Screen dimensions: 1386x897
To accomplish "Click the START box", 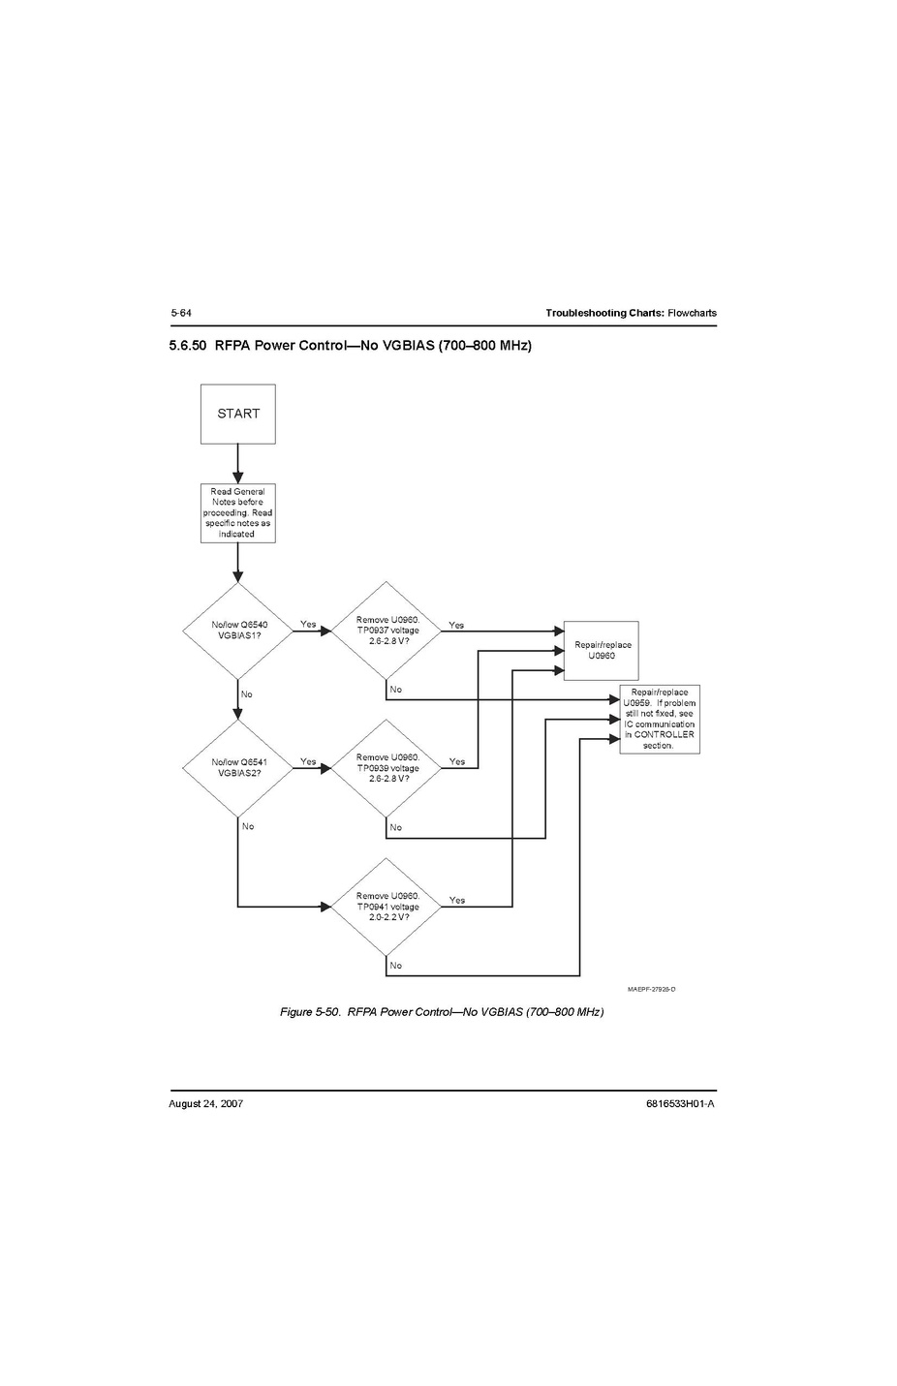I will coord(238,414).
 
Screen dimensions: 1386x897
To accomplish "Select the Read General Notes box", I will coord(237,512).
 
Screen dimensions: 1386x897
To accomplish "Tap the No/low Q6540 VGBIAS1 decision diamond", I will coord(238,631).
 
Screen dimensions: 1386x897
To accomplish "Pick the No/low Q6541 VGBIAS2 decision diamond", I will coord(238,768).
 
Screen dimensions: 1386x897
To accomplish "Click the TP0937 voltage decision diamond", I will coord(387,631).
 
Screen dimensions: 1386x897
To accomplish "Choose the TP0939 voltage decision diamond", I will coord(387,768).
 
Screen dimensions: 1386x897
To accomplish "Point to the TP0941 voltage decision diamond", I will coord(387,907).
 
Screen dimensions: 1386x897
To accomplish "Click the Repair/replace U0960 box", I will coord(602,650).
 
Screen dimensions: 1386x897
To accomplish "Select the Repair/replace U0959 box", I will coord(659,720).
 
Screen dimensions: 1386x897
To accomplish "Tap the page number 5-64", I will coord(181,313).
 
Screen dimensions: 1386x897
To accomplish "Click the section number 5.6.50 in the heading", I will coord(188,345).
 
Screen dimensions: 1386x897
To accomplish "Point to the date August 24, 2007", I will coord(205,1103).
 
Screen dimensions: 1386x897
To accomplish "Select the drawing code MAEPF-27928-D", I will coord(651,989).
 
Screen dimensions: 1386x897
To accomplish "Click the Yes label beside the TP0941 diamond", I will coord(457,900).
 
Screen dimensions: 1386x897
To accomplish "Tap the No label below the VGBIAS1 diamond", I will coord(247,694).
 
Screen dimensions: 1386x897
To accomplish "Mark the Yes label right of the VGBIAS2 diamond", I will coord(308,761).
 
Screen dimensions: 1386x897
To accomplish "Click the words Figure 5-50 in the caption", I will coord(309,1012).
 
